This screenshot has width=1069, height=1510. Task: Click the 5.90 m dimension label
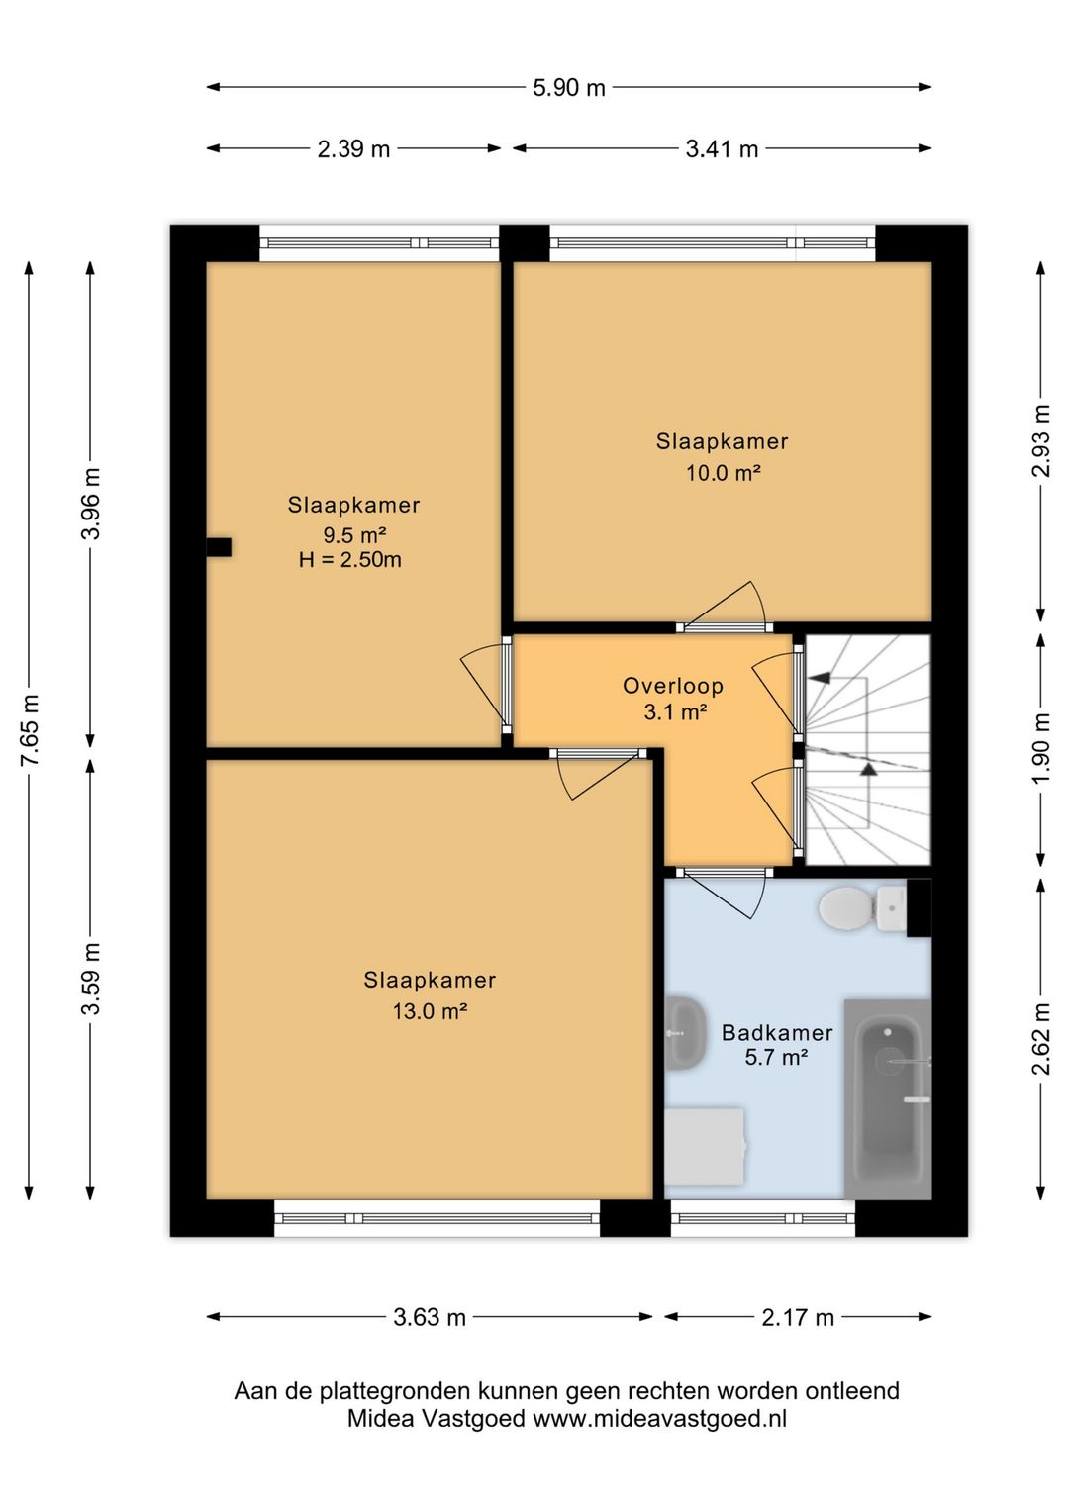point(568,88)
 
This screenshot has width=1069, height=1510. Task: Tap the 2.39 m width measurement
point(353,149)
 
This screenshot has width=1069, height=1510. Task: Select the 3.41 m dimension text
point(722,149)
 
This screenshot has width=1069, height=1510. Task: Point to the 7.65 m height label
point(31,730)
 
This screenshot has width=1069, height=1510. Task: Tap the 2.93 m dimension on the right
point(1041,440)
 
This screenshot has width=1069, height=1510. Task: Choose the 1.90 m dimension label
point(1041,749)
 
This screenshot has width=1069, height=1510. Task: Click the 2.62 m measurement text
point(1041,1039)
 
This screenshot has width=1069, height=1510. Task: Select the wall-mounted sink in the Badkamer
point(685,1033)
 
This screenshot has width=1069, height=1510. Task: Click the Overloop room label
point(673,686)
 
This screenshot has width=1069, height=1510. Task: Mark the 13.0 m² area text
point(431,1011)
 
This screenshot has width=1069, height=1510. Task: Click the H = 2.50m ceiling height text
point(350,559)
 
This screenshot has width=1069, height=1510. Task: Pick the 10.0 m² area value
point(723,473)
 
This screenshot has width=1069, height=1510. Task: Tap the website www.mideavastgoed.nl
point(659,1418)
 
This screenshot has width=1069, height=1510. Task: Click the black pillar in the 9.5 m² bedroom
point(219,547)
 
